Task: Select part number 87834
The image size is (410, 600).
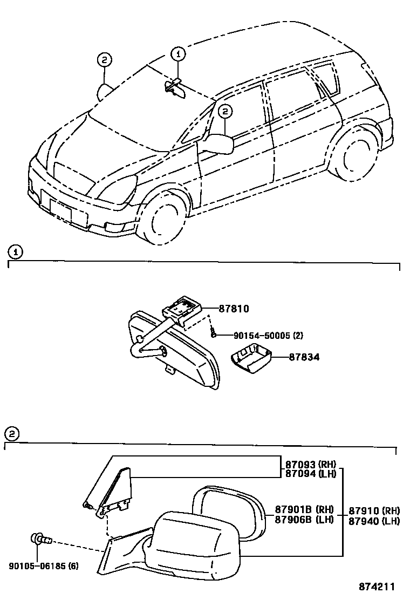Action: (289, 357)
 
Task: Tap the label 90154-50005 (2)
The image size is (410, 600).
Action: (268, 335)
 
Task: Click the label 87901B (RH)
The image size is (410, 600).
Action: (304, 509)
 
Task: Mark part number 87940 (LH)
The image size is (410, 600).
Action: (374, 521)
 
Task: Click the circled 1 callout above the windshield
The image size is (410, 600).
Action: (179, 53)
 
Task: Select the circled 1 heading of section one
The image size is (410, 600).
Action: (17, 251)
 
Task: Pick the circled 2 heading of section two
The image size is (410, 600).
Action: (12, 433)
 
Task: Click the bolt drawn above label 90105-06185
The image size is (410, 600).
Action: (40, 538)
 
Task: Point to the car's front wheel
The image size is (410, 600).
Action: (162, 220)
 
